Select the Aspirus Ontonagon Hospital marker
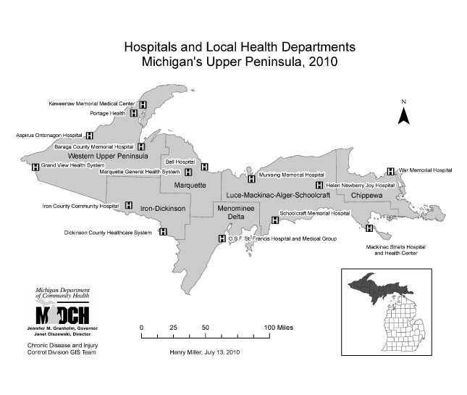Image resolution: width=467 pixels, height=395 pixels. click(x=90, y=136)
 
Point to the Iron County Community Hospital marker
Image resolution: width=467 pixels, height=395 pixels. click(x=129, y=206)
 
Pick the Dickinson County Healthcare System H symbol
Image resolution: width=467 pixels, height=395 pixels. click(x=162, y=233)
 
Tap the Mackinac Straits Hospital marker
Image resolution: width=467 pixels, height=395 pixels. click(x=370, y=228)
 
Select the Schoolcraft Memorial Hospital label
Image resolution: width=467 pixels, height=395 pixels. click(x=314, y=214)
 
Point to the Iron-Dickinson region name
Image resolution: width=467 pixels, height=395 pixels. click(x=163, y=209)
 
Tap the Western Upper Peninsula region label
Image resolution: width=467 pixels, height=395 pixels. click(x=108, y=156)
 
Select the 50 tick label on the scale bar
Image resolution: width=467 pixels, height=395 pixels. click(x=206, y=328)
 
